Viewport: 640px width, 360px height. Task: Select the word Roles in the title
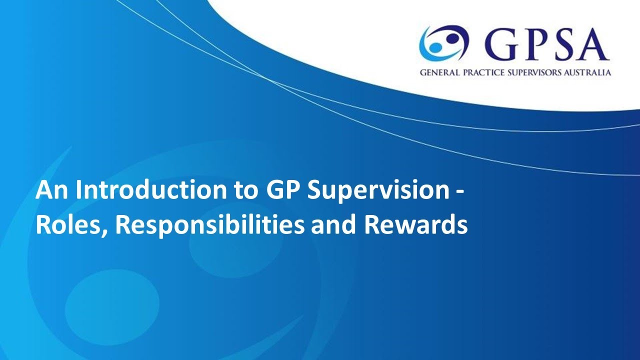68,225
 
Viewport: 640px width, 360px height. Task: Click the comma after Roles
106,232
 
